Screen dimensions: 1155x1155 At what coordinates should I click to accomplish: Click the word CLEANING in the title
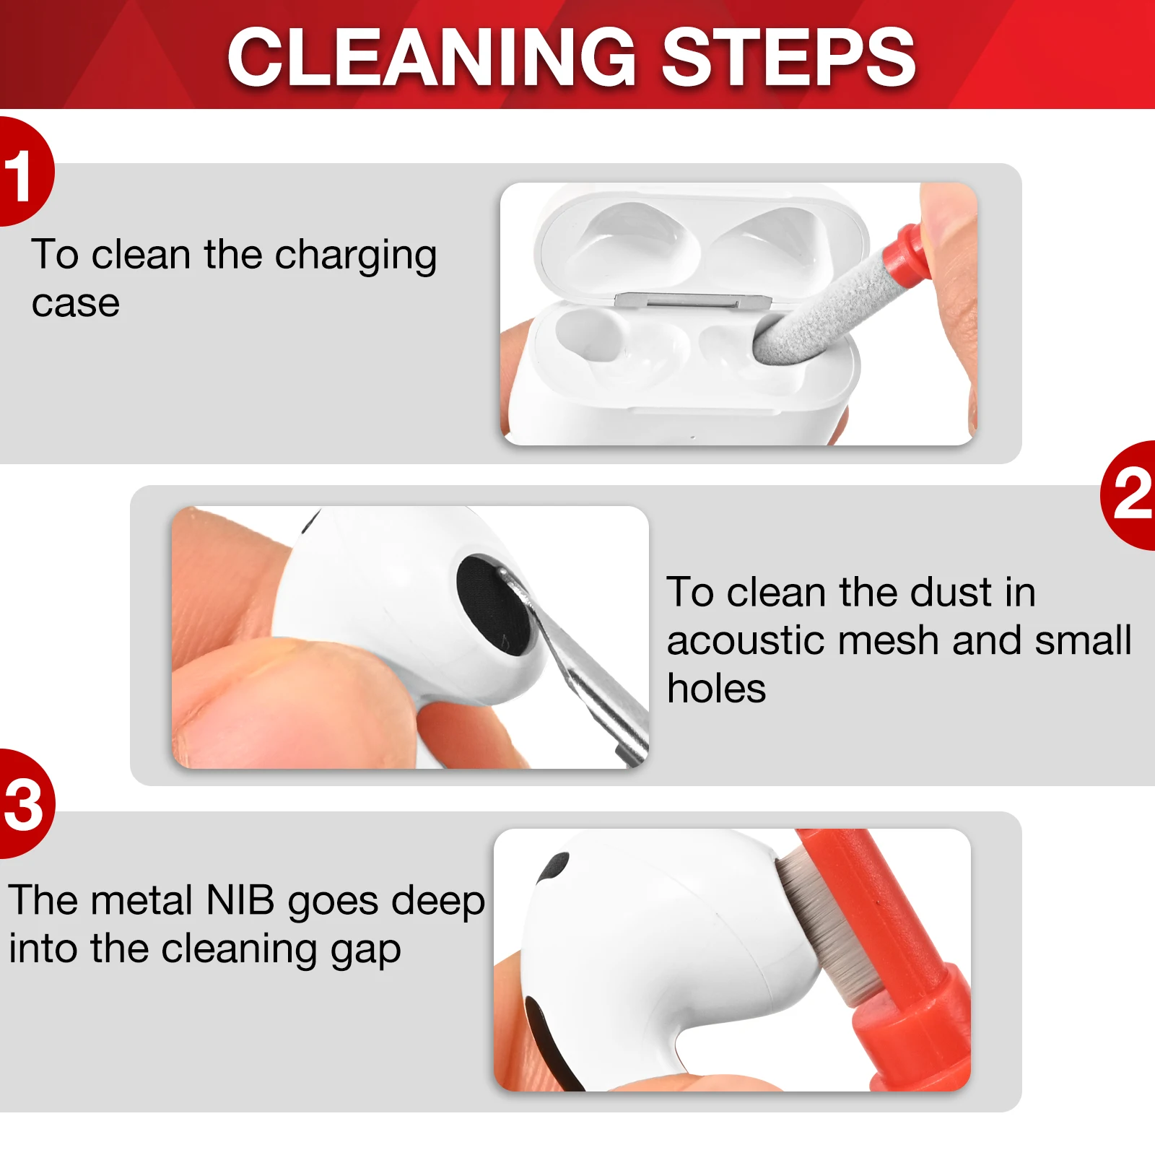pos(432,56)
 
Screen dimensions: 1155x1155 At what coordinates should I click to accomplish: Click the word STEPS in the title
pos(788,56)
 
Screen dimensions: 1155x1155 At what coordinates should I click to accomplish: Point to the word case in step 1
pos(76,304)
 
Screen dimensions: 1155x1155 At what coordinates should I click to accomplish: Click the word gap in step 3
pos(365,952)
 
